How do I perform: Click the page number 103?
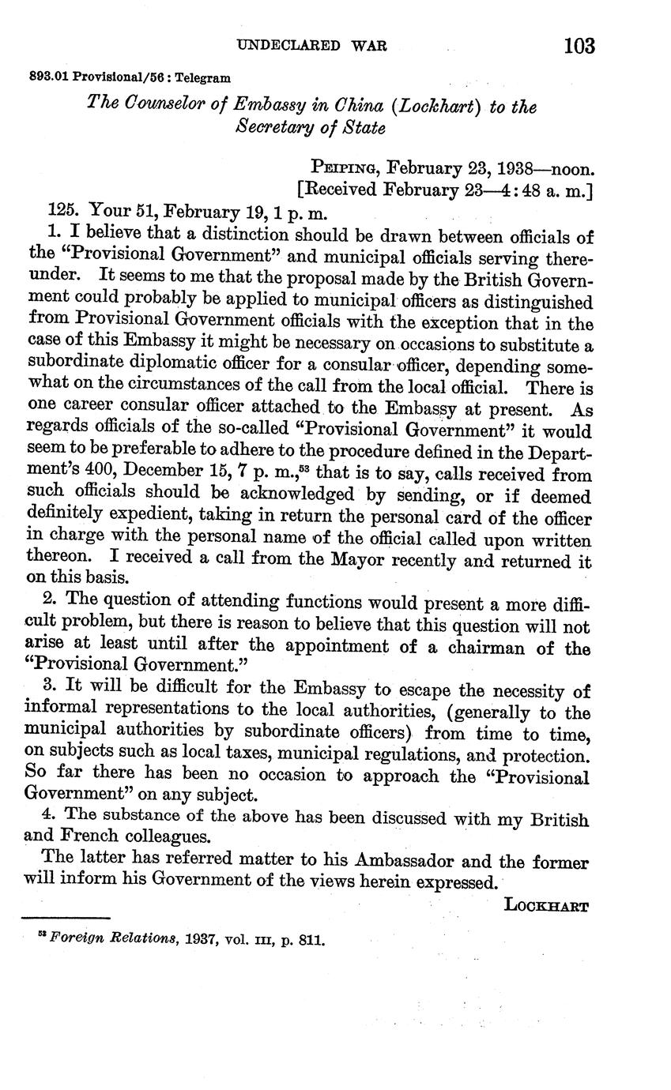click(579, 46)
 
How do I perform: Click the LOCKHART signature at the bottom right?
click(545, 906)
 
